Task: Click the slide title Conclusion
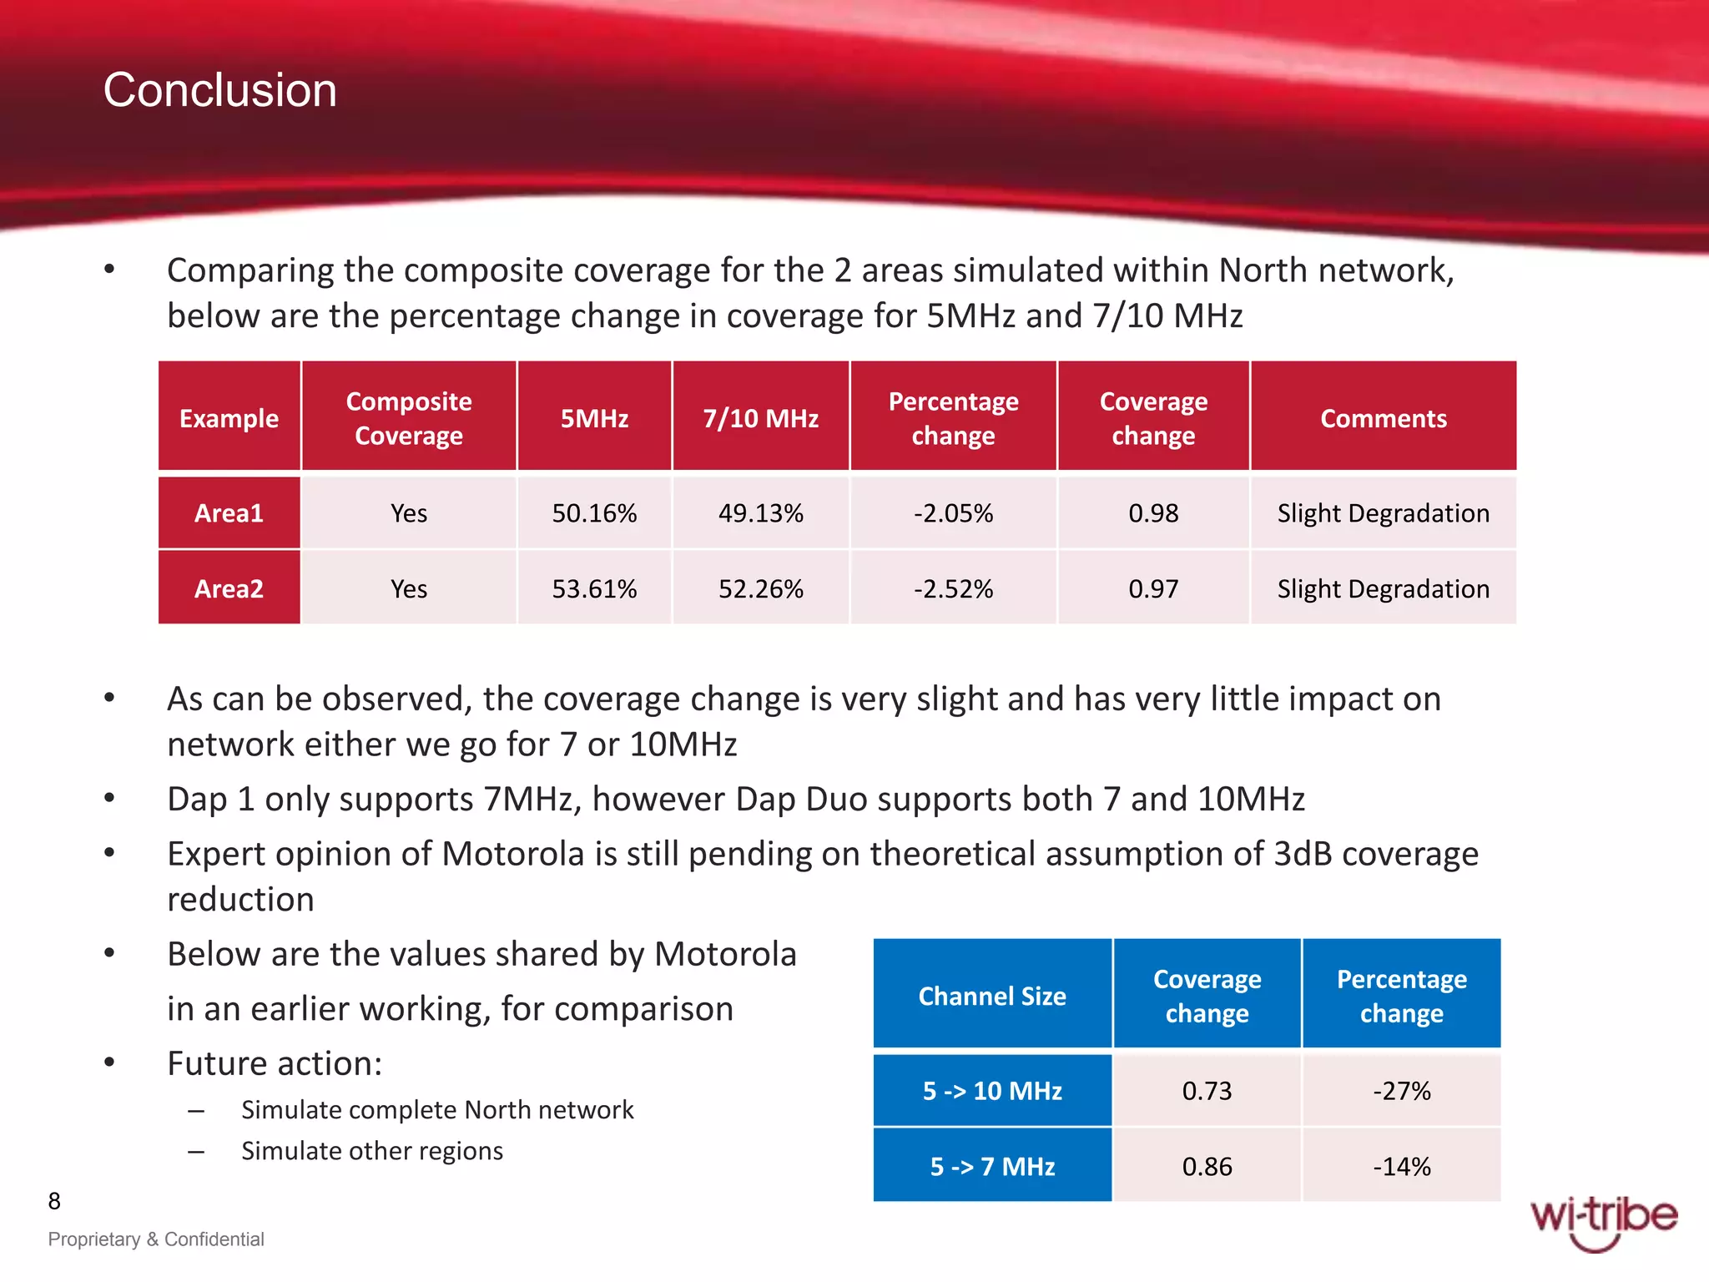[x=219, y=90]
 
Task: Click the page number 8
[x=54, y=1201]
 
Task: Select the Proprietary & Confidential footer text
[x=156, y=1239]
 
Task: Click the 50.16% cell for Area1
[x=594, y=513]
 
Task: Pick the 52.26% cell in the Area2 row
[x=760, y=589]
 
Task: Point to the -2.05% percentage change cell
[x=953, y=513]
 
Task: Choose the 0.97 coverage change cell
[x=1153, y=589]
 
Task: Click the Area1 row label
[x=229, y=513]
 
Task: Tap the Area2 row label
[x=229, y=589]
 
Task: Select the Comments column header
[x=1383, y=418]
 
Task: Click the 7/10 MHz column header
[x=760, y=418]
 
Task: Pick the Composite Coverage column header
[x=409, y=418]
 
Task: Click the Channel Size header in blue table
[x=992, y=996]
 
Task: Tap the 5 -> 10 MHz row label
[x=992, y=1091]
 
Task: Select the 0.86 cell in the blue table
[x=1207, y=1167]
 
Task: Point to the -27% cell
[x=1401, y=1091]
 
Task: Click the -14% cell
[x=1401, y=1167]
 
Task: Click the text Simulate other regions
[x=372, y=1151]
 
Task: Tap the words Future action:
[x=275, y=1064]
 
